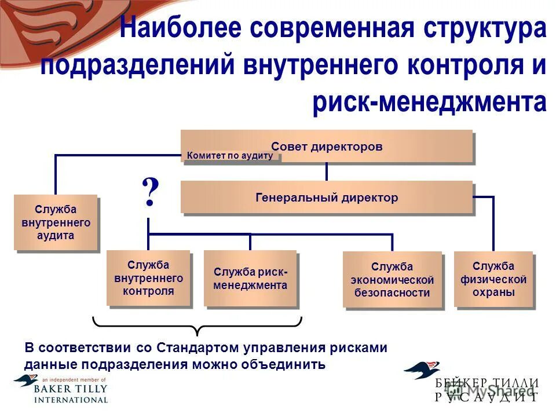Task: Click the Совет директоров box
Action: tap(327, 146)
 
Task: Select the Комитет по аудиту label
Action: tap(230, 156)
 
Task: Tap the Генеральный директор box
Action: tap(327, 197)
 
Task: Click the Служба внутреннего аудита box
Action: tap(56, 222)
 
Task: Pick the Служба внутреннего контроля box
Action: tap(148, 278)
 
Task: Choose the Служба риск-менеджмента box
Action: tap(250, 279)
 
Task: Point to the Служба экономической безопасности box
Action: tap(392, 279)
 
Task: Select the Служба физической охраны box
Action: tap(493, 279)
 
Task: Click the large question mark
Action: tap(149, 193)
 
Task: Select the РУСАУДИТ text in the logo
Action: tap(487, 397)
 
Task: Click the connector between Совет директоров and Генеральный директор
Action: tap(327, 171)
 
